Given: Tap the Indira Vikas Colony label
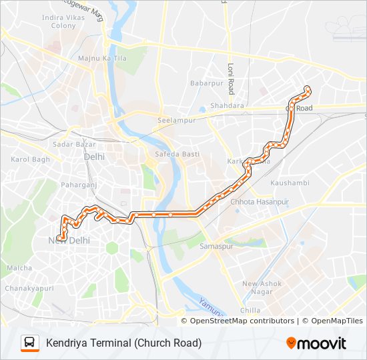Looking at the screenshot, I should tap(59, 21).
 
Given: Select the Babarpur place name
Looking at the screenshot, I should tap(206, 83).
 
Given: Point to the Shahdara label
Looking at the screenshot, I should tap(228, 105).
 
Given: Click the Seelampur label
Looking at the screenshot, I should tap(175, 120).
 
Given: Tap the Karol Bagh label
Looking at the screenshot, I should tap(31, 159).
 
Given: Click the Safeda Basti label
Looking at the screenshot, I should tap(177, 154).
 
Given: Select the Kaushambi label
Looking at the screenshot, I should tap(290, 182).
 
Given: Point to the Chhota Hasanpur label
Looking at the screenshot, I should tap(259, 201).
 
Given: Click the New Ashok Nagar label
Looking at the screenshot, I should tap(262, 288).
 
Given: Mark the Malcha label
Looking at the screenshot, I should tap(19, 268).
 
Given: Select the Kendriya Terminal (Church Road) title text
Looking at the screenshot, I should tap(123, 343).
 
